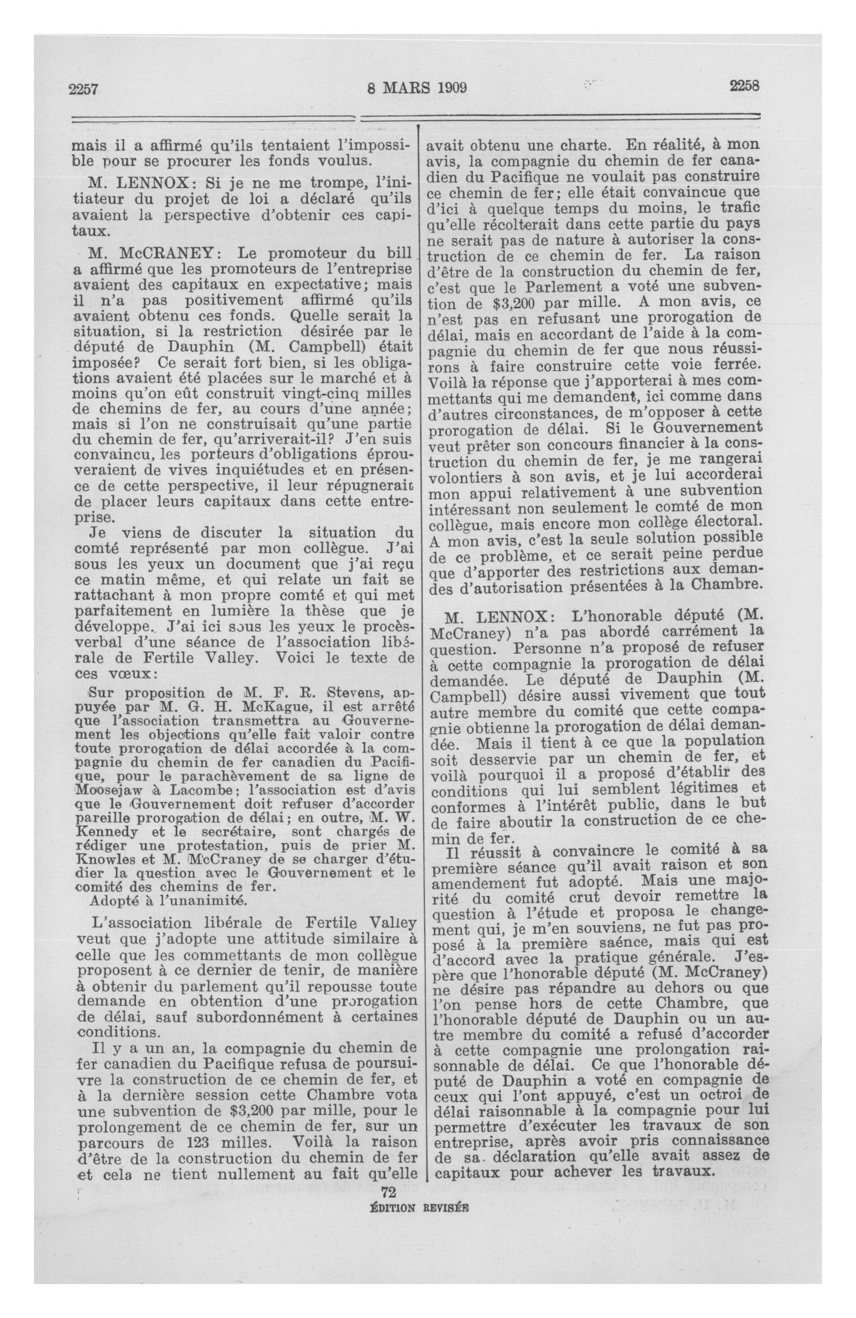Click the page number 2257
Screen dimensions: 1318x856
(x=83, y=88)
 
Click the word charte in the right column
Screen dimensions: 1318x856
(x=579, y=147)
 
